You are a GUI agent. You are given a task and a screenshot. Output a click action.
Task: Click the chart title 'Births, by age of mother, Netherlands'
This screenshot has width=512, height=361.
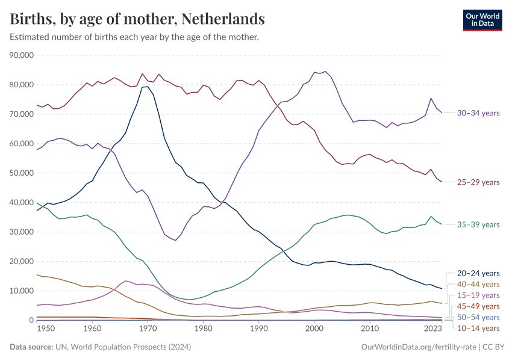coord(137,19)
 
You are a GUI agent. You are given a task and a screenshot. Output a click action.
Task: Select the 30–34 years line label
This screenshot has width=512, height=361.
coord(478,113)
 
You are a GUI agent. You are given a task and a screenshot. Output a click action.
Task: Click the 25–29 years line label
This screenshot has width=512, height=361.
coord(478,182)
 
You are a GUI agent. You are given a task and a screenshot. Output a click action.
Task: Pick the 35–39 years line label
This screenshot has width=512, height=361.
coord(478,224)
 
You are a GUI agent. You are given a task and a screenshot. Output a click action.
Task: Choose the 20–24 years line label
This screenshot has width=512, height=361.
coord(478,273)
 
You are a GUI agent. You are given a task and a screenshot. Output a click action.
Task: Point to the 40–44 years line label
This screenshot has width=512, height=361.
coord(478,284)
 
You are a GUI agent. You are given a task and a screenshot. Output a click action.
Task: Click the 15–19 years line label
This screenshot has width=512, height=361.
coord(478,295)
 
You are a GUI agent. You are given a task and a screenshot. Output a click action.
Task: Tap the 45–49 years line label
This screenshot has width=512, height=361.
coord(478,306)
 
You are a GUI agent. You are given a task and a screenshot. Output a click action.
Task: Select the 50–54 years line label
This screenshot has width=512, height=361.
coord(478,317)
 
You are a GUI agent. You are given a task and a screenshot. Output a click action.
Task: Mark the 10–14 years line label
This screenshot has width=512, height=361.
coord(478,328)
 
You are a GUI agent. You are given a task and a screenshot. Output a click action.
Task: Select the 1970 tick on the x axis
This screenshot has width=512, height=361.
coord(148,329)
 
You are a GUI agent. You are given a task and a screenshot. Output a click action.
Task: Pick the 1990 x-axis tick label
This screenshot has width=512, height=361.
coord(258,329)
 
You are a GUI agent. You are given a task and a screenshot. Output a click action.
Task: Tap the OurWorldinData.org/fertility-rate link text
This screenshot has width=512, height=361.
coord(417,347)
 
